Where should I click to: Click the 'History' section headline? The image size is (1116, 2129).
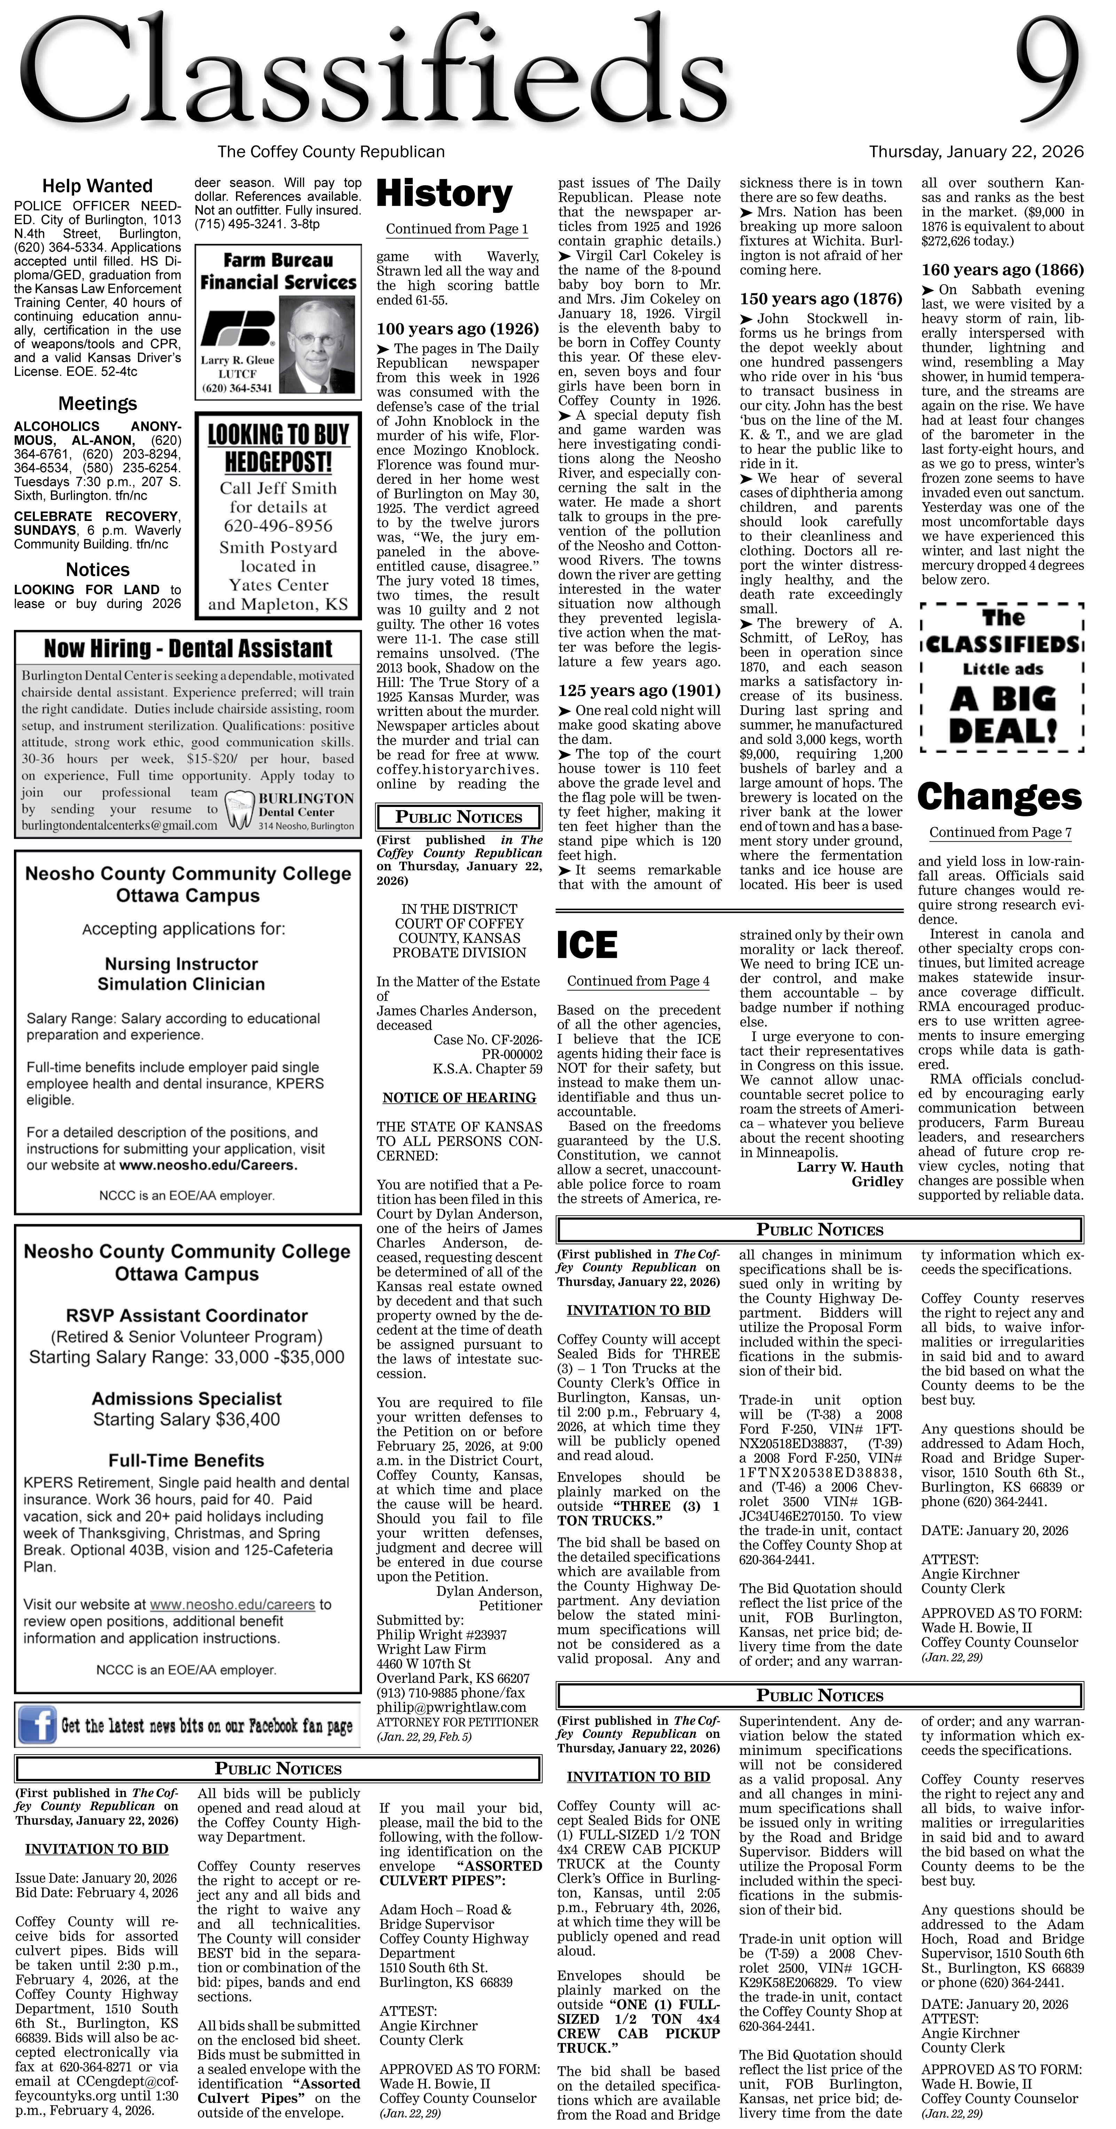[445, 194]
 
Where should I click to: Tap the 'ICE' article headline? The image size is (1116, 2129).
[587, 945]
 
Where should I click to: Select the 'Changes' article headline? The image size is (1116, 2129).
[999, 797]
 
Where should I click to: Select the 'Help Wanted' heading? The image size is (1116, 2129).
[97, 186]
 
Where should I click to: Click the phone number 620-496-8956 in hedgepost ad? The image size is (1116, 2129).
[278, 526]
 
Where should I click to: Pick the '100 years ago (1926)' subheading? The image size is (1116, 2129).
[458, 329]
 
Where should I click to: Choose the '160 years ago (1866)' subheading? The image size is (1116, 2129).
[1002, 270]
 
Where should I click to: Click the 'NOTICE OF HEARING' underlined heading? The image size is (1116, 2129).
[459, 1097]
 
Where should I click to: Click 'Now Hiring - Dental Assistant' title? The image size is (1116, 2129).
[188, 648]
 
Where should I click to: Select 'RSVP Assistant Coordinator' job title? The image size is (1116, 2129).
[187, 1315]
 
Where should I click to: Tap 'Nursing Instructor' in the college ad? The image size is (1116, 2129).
[181, 964]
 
